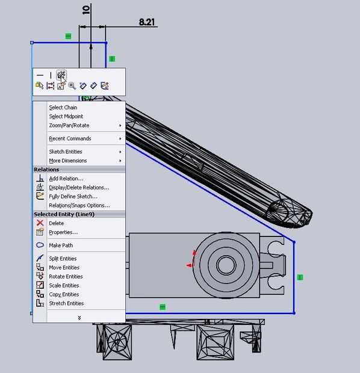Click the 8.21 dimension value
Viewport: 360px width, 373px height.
[147, 22]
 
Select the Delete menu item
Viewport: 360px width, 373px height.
[56, 223]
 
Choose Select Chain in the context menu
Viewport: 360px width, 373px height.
[63, 108]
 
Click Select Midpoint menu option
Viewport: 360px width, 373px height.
[66, 116]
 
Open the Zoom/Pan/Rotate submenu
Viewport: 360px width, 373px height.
[69, 125]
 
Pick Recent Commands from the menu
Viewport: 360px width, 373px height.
[70, 138]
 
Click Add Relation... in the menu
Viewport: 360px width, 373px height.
[66, 179]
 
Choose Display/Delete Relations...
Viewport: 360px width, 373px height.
[79, 188]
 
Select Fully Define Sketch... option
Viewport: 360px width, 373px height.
[73, 197]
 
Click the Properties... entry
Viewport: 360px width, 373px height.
[63, 232]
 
